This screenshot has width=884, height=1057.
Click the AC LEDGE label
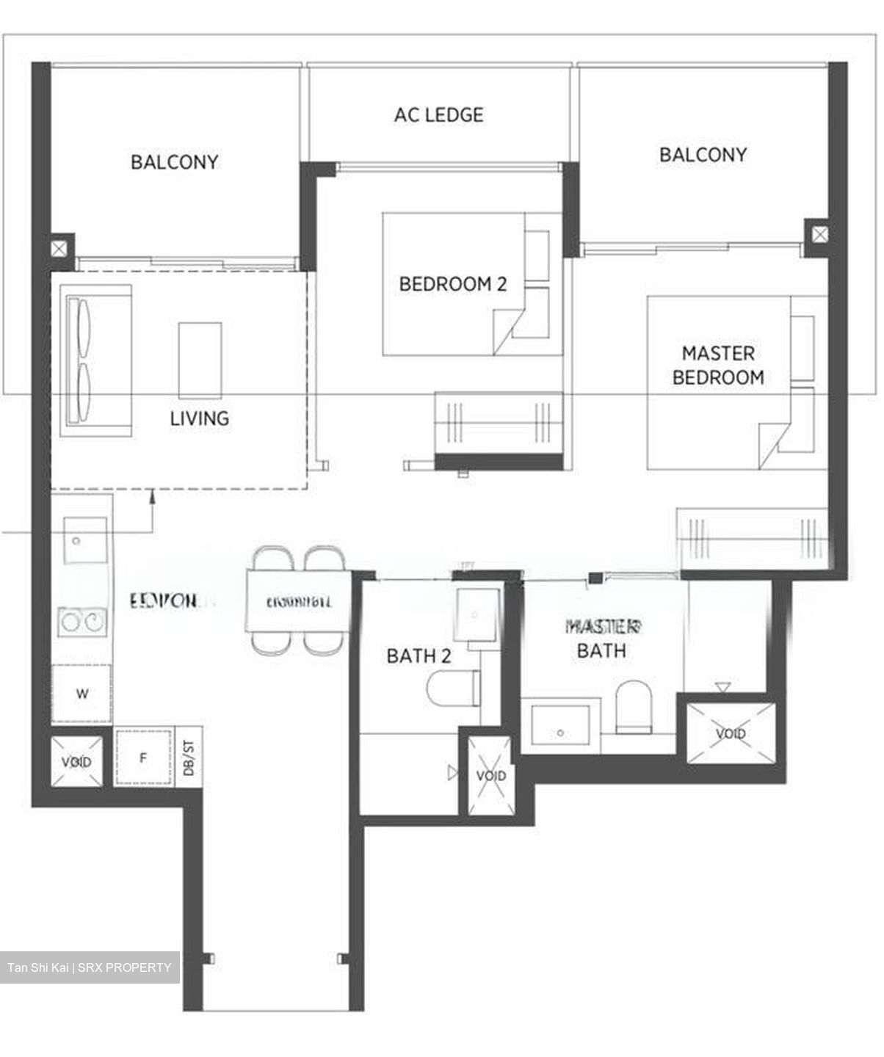(x=438, y=115)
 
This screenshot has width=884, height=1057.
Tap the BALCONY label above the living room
(x=174, y=162)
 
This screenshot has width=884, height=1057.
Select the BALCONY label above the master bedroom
(x=702, y=155)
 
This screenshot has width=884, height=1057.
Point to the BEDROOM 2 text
(x=452, y=284)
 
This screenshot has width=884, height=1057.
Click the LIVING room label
(x=199, y=418)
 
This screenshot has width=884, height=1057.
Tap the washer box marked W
(x=81, y=694)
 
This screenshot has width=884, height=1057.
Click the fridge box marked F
(x=144, y=757)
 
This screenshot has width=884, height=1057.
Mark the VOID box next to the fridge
(x=76, y=761)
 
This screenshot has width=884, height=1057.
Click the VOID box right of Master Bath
(x=730, y=733)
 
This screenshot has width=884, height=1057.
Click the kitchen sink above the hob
(x=84, y=541)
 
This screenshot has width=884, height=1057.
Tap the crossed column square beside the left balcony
(x=61, y=247)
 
